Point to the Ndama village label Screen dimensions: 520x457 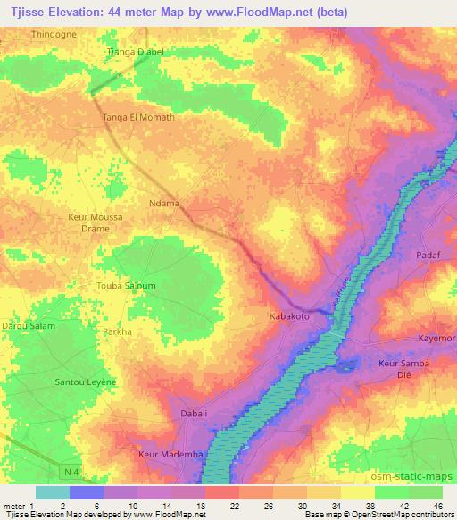pos(164,203)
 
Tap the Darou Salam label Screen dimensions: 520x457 pos(28,326)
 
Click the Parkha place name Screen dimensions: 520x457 pos(116,331)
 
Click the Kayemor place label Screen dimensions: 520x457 pos(437,339)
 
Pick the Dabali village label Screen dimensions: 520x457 pos(193,413)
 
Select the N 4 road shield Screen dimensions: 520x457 pos(71,471)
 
